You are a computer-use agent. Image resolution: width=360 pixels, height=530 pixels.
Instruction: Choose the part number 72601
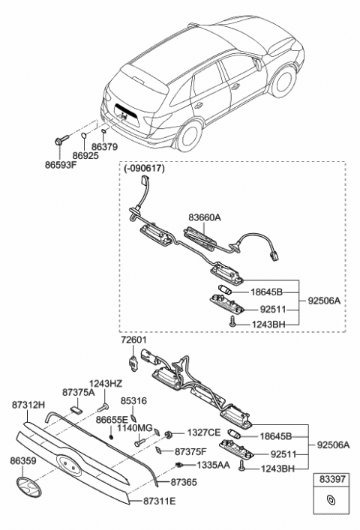pyautogui.click(x=135, y=340)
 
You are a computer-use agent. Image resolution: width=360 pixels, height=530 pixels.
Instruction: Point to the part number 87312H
pyautogui.click(x=27, y=406)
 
